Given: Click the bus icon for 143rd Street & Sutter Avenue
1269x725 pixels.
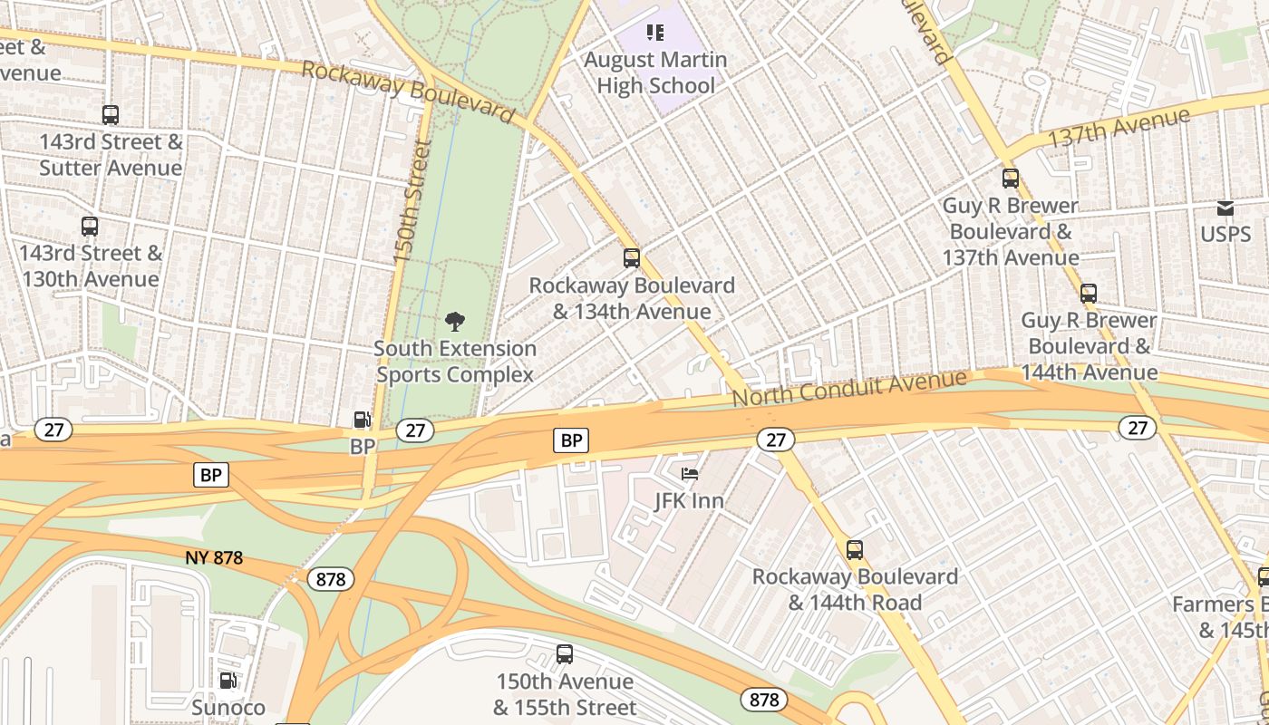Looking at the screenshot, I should (x=111, y=115).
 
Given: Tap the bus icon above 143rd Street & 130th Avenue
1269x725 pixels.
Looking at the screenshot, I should (x=90, y=227).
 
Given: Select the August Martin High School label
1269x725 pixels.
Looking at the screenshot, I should (x=655, y=72).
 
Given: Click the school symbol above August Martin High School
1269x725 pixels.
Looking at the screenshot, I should (x=655, y=34).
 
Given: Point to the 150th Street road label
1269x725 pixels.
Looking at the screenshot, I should (x=411, y=201).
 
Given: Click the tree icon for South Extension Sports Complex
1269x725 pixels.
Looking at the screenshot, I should (x=455, y=321).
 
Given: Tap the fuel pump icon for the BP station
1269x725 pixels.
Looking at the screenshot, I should (x=362, y=420).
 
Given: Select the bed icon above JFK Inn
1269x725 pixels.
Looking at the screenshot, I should (x=690, y=473).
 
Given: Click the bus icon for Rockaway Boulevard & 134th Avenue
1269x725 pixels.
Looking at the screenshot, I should (x=632, y=258).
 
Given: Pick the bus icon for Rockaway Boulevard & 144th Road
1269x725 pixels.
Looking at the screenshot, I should (x=854, y=550).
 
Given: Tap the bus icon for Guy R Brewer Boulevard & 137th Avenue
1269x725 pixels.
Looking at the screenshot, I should (x=1011, y=179).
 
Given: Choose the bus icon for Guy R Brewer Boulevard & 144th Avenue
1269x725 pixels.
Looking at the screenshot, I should (x=1089, y=294).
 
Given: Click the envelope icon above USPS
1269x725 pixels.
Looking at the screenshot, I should (x=1225, y=208).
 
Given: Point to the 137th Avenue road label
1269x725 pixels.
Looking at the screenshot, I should (x=1118, y=128).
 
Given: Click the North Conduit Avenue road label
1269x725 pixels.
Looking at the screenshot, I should (x=849, y=387).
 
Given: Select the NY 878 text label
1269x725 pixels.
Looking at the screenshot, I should (x=214, y=558).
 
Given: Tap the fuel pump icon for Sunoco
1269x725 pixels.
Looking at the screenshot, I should (x=228, y=681).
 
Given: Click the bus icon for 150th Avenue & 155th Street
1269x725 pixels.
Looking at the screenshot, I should (x=565, y=654).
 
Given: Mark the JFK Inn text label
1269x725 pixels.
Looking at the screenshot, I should (x=690, y=500).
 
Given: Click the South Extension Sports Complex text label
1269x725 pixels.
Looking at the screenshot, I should (x=455, y=362).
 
